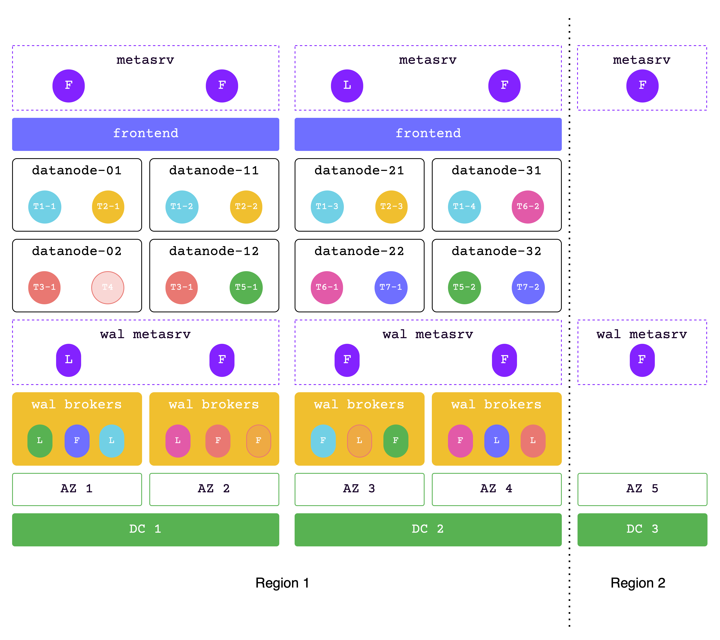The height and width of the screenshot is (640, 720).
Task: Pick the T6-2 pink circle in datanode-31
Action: coord(528,207)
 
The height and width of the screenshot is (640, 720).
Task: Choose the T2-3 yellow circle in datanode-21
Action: coord(391,207)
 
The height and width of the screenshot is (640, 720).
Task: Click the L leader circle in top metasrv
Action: coord(347,86)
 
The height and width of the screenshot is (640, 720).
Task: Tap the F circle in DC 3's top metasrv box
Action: coord(642,86)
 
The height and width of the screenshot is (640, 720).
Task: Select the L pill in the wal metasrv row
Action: coord(68,360)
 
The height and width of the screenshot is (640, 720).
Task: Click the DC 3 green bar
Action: coord(642,529)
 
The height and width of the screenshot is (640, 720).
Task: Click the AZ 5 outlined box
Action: coord(642,489)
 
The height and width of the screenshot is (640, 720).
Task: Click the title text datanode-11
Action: coord(214,170)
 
